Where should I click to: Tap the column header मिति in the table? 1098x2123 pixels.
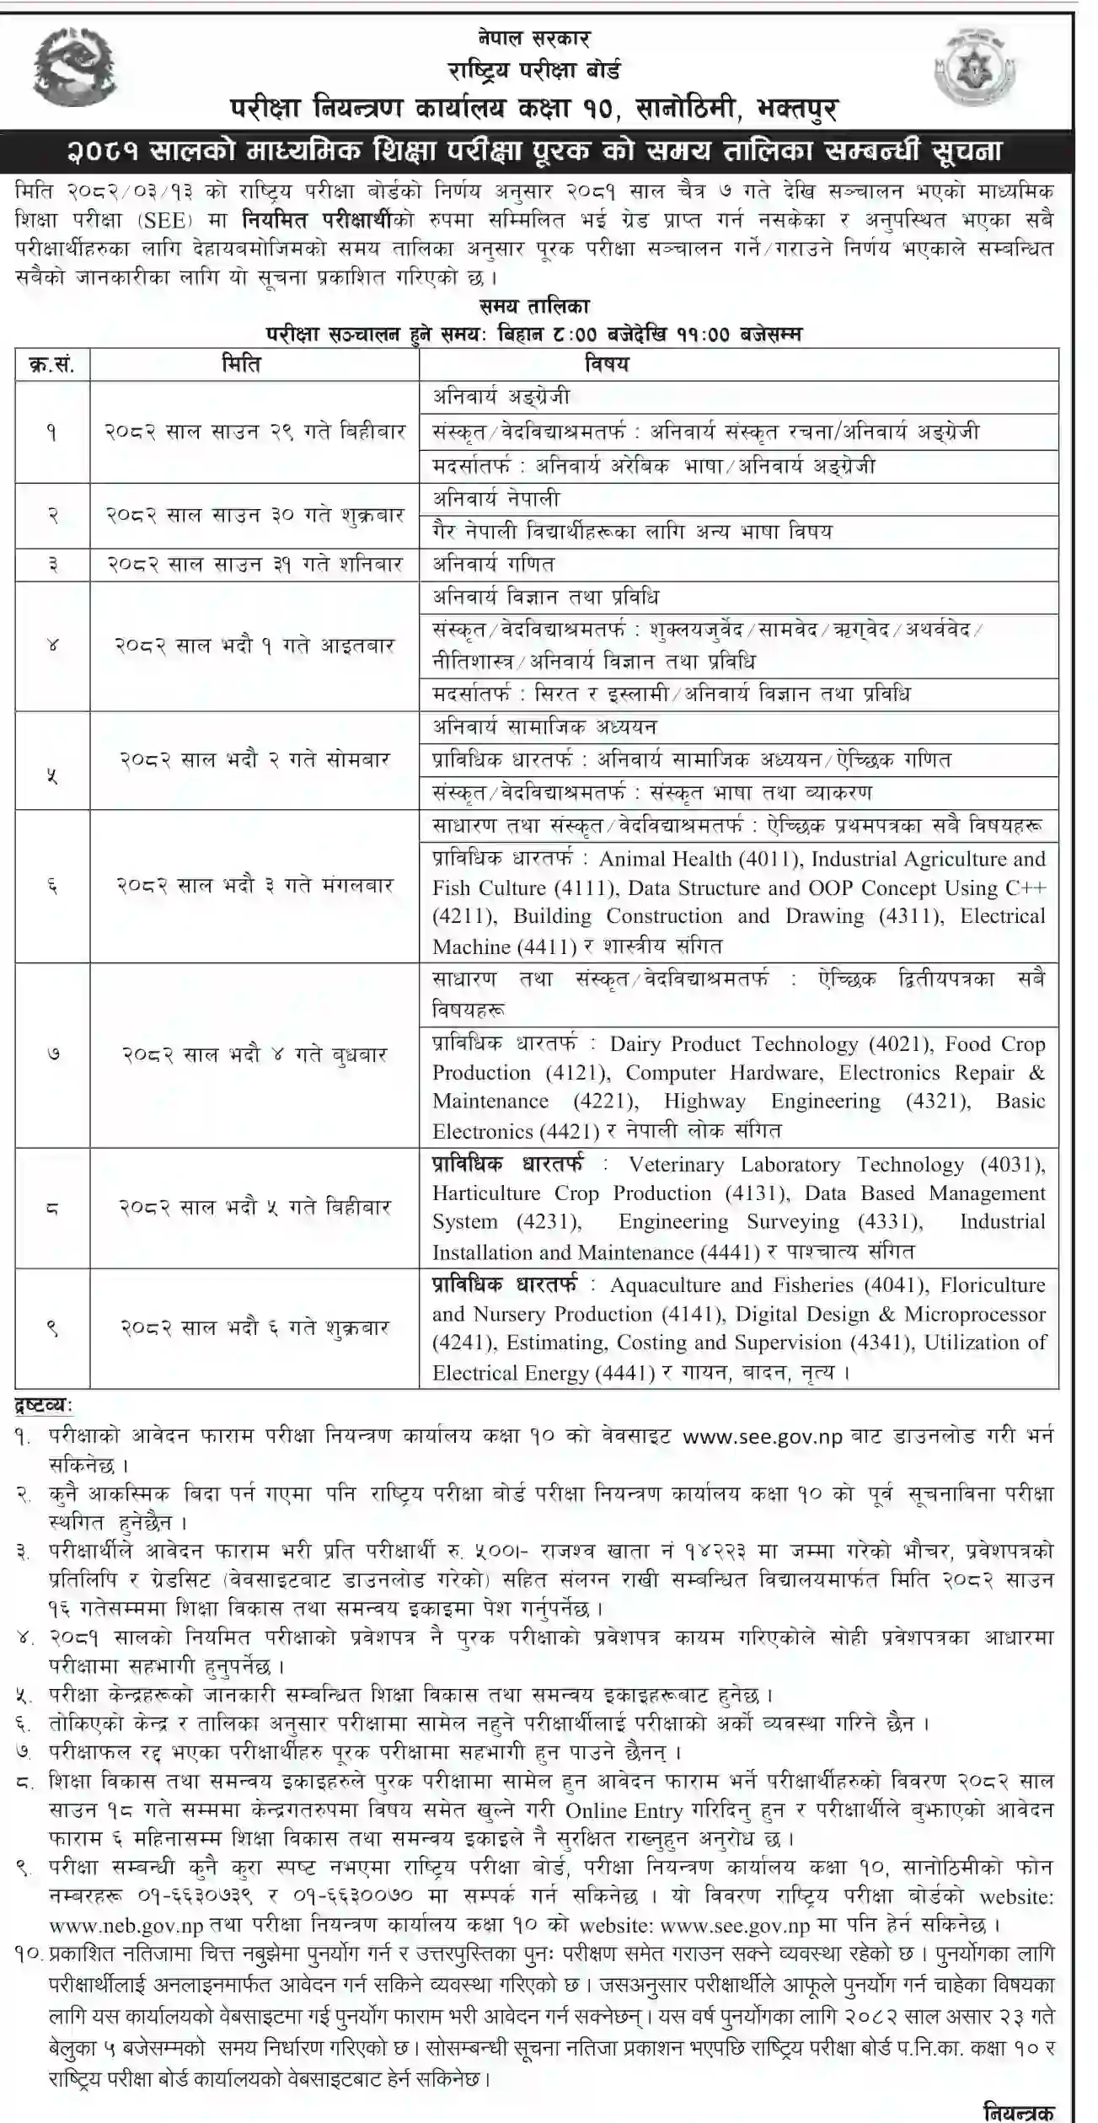[x=241, y=364]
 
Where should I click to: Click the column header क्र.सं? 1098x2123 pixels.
[x=51, y=364]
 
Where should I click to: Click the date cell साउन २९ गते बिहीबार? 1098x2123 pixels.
[x=254, y=432]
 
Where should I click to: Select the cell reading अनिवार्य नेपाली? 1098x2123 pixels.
[x=496, y=498]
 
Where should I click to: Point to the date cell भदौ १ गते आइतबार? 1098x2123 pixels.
[x=254, y=646]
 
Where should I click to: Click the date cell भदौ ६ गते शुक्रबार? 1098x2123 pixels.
[x=254, y=1327]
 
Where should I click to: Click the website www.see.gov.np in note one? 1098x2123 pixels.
[x=762, y=1437]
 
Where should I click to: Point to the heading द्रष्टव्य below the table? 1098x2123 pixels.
[x=44, y=1405]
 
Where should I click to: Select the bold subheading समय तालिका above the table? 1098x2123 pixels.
[x=535, y=305]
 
